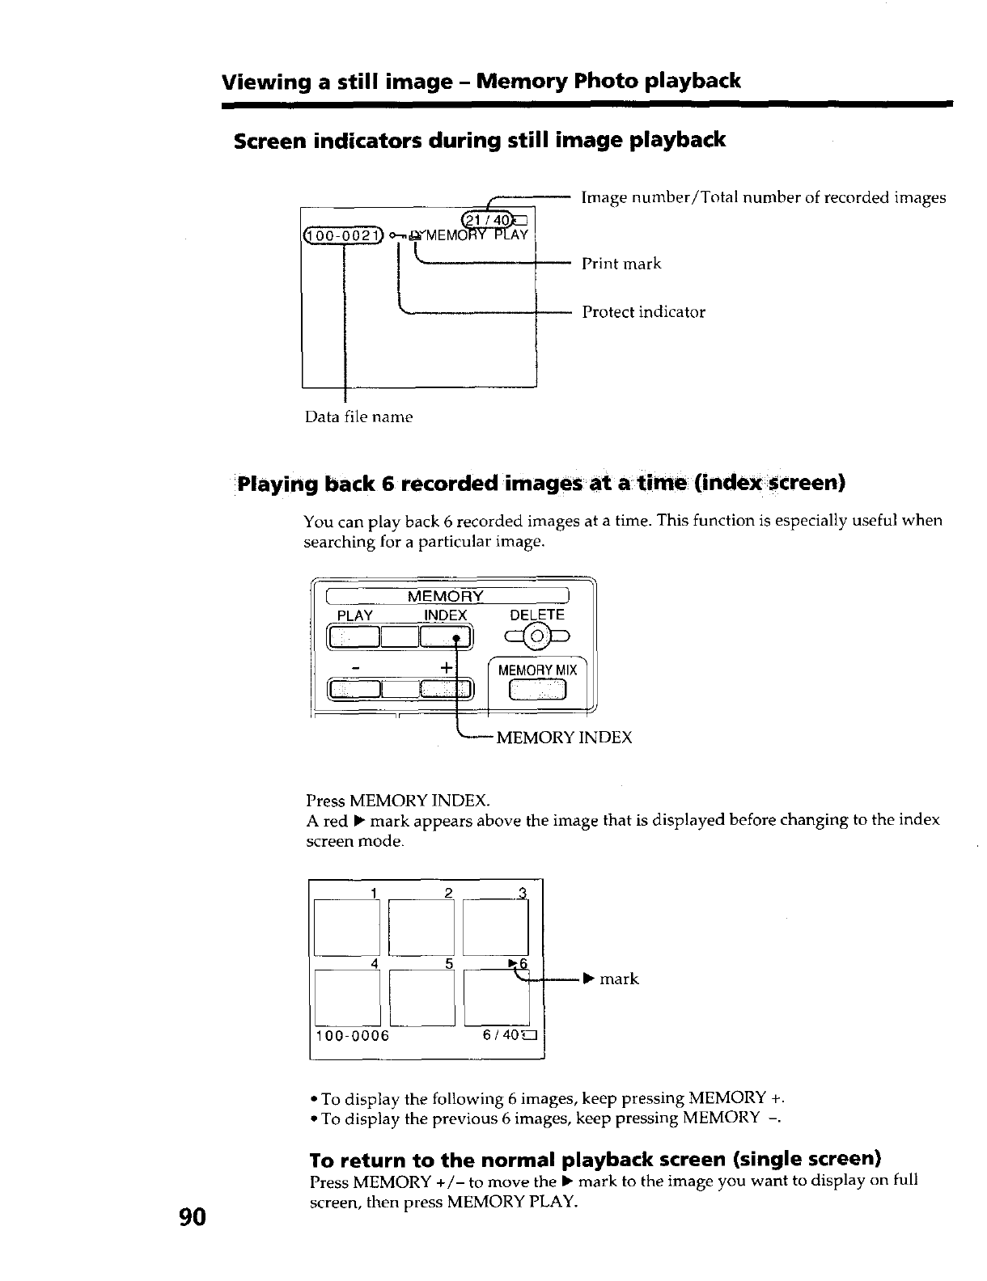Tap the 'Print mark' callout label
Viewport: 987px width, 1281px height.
click(x=621, y=264)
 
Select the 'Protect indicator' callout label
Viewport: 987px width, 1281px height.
click(x=643, y=312)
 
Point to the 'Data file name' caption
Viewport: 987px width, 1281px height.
click(x=358, y=416)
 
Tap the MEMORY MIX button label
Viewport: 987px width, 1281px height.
click(x=537, y=670)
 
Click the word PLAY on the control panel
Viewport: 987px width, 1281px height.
click(x=354, y=615)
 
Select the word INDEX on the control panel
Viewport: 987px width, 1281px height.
click(x=446, y=615)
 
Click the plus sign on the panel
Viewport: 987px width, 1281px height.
click(x=446, y=668)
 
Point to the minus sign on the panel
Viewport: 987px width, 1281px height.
click(x=355, y=668)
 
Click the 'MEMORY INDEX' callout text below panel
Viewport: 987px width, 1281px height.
click(x=563, y=738)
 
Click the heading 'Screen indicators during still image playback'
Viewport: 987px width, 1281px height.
click(x=479, y=141)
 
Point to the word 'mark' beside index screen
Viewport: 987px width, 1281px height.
click(x=619, y=979)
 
